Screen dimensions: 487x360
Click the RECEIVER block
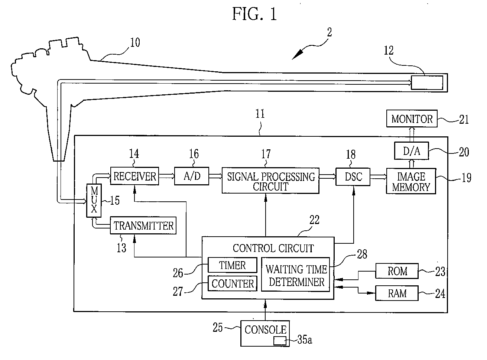[134, 176]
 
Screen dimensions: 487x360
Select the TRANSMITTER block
[143, 226]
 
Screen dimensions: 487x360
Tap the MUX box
[94, 200]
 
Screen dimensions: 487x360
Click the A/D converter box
[192, 176]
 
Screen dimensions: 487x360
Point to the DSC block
[353, 177]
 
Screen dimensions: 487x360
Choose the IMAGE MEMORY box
[411, 181]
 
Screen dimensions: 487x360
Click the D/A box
[412, 151]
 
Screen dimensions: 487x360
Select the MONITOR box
[412, 119]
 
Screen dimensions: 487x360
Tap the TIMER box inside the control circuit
[232, 265]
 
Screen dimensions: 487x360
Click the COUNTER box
[232, 283]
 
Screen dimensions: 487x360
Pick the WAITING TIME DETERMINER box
[296, 275]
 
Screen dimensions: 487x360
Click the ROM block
[397, 271]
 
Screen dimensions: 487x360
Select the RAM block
[397, 293]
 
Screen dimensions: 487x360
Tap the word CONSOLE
[266, 330]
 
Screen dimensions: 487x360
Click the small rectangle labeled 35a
[280, 341]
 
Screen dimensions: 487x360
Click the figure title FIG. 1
[254, 14]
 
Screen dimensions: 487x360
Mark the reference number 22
[314, 220]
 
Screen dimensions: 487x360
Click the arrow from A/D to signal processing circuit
[215, 176]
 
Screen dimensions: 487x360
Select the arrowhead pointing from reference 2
[298, 55]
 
